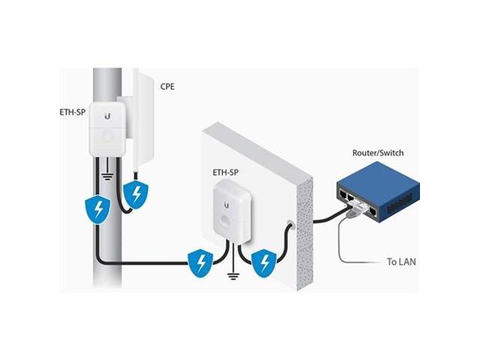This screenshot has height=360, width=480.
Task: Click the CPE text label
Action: (168, 87)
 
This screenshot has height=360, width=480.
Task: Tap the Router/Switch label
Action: (377, 153)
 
